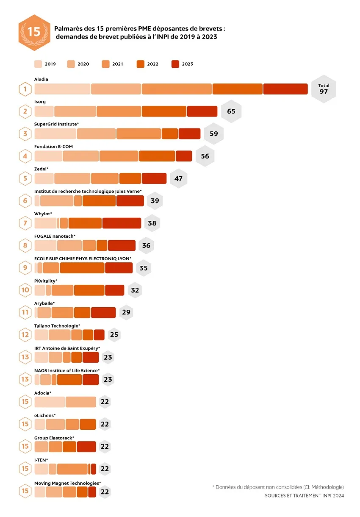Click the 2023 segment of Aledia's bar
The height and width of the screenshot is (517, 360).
pos(285,89)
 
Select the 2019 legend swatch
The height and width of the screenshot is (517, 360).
pos(38,64)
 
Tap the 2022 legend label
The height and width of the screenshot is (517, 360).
pos(153,64)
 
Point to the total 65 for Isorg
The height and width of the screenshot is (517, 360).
pos(231,111)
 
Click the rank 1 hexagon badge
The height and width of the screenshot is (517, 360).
pos(25,89)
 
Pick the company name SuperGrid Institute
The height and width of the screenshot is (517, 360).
pos(56,124)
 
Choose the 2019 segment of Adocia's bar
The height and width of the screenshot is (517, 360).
pos(50,402)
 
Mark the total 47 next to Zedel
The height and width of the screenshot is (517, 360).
pos(178,178)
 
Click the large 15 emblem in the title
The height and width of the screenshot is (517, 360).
pos(34,33)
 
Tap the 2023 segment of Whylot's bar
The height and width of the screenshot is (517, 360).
pos(122,223)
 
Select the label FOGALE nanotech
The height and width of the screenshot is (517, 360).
pos(55,236)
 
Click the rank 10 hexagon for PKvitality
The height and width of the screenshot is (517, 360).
pos(25,290)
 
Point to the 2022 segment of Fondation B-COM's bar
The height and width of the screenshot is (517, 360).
pos(157,156)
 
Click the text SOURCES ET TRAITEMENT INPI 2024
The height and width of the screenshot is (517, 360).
pos(304,495)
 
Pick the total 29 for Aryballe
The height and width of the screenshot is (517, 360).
pos(126,312)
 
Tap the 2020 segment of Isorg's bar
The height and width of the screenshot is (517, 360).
pos(75,111)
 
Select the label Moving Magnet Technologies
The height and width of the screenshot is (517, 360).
pos(67,483)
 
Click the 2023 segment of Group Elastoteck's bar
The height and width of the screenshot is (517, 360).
pos(86,447)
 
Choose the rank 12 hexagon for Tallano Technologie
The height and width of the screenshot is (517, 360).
pos(25,335)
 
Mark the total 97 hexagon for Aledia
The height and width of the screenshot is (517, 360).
pos(324,89)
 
